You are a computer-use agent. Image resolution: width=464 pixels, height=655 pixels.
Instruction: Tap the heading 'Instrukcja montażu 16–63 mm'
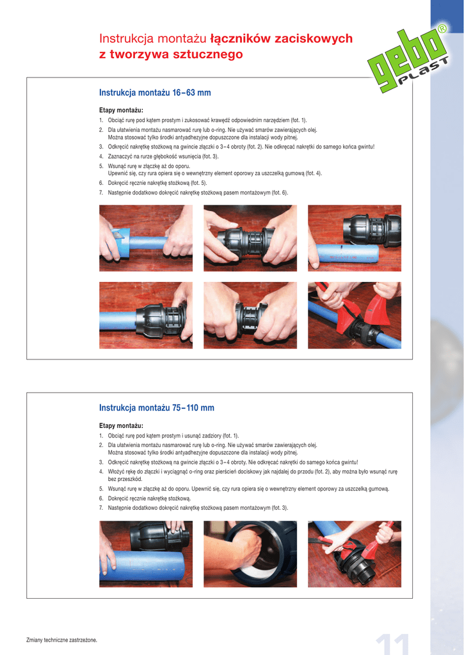[155, 92]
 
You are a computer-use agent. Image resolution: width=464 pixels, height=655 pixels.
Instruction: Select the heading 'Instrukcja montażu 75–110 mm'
[156, 407]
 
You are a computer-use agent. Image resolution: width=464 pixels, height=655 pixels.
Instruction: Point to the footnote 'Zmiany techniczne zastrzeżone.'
[61, 640]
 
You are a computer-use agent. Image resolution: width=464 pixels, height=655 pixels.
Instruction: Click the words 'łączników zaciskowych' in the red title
[282, 38]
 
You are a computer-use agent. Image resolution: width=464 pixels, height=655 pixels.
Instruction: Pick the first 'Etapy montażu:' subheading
[121, 110]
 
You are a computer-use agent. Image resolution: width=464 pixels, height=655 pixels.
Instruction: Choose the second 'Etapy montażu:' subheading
[121, 425]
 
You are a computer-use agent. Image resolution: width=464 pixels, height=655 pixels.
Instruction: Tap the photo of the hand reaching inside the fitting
[250, 554]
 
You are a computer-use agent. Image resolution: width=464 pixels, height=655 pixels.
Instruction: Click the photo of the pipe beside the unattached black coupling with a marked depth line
[355, 238]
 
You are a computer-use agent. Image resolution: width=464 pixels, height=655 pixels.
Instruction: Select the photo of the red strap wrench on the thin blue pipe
[355, 315]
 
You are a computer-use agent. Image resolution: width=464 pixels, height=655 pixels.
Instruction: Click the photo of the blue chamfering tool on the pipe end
[146, 238]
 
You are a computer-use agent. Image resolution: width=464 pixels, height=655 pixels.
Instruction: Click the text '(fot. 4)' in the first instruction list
[314, 173]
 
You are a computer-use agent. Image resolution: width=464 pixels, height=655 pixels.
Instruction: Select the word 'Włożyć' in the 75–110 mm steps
[116, 471]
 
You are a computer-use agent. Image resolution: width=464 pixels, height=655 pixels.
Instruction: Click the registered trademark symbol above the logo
[442, 29]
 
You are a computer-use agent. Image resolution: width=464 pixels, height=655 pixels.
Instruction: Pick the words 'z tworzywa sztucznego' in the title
[171, 54]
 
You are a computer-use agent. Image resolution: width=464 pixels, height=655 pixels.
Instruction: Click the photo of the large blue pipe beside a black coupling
[146, 554]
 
